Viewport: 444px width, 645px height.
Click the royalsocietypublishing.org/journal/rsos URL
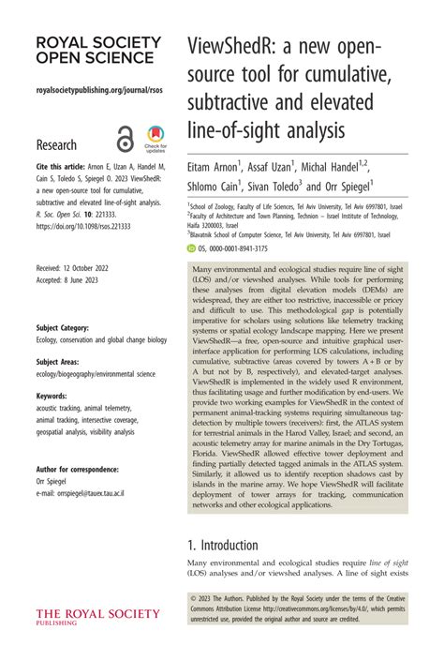tap(92, 92)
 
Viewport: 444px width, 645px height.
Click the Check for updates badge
tap(155, 139)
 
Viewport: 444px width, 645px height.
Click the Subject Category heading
tap(63, 328)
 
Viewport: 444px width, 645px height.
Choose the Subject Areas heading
tap(58, 361)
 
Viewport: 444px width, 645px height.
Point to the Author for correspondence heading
tap(77, 469)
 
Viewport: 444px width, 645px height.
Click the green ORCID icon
tap(192, 248)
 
